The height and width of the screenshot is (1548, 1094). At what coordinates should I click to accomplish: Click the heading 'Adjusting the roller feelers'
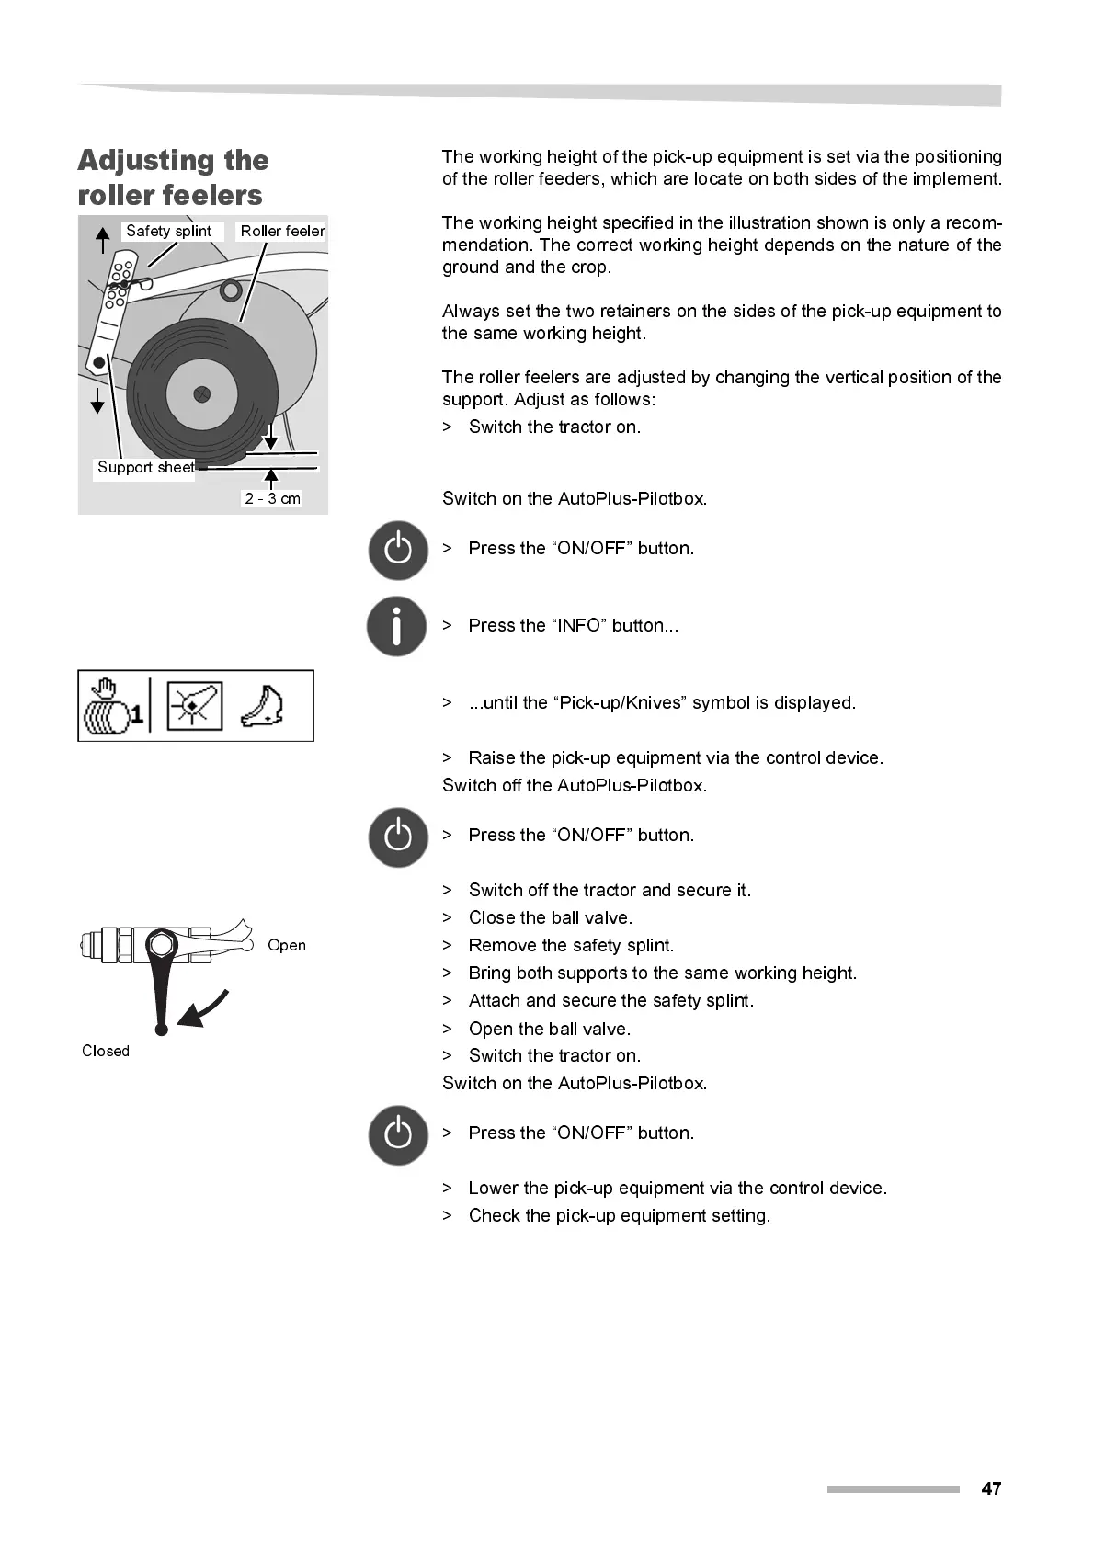click(x=173, y=177)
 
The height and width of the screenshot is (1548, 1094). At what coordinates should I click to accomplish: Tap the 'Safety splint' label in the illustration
click(x=168, y=231)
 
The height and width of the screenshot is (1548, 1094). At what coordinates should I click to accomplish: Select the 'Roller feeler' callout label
click(x=282, y=231)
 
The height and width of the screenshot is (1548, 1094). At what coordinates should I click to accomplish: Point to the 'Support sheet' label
click(x=146, y=467)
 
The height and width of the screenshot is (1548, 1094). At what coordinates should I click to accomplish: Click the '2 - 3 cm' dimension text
click(x=272, y=498)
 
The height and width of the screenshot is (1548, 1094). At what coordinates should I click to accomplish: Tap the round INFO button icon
click(x=397, y=627)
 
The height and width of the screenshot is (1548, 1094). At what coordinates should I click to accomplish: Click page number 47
click(x=991, y=1488)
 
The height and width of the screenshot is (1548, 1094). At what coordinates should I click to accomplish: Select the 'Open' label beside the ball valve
click(x=286, y=945)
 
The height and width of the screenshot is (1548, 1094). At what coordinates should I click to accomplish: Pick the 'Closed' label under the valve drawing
click(x=106, y=1051)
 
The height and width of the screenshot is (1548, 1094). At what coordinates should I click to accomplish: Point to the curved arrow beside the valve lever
click(x=204, y=1009)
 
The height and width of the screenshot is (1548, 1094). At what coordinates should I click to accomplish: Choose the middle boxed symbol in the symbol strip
click(x=194, y=706)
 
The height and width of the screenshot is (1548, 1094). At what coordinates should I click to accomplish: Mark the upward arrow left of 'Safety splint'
click(x=103, y=239)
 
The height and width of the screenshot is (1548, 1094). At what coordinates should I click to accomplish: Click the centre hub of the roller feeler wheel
click(x=202, y=394)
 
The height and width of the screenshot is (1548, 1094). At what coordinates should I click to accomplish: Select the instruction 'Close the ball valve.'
click(x=550, y=917)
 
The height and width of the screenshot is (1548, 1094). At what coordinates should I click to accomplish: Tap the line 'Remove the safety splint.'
click(x=571, y=945)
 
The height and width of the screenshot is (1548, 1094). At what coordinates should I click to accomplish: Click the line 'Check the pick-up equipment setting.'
click(x=619, y=1215)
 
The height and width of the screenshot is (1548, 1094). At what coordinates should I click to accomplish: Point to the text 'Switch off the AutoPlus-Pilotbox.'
click(x=575, y=785)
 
